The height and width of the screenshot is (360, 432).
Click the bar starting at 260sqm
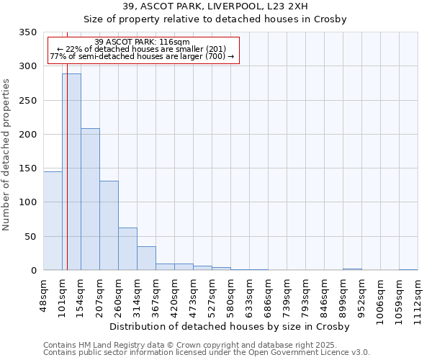[x=127, y=249]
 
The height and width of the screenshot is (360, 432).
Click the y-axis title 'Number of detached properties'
[x=7, y=154]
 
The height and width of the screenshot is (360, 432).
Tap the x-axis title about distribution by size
[x=230, y=326]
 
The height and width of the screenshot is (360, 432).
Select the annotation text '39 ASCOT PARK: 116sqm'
[x=142, y=42]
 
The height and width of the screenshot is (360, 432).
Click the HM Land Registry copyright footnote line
[x=205, y=345]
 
